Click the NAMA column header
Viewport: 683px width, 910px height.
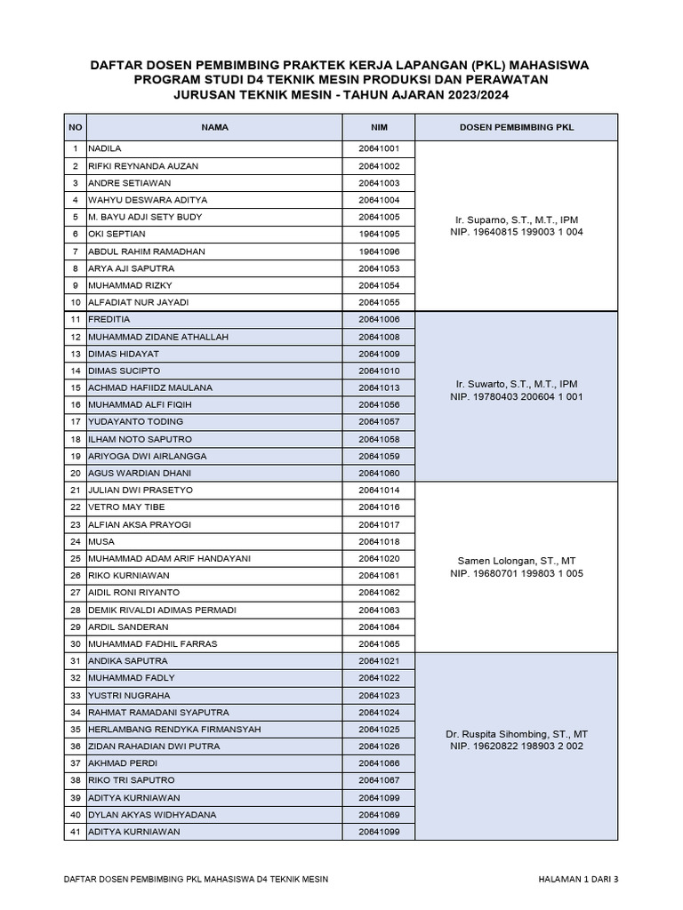click(214, 127)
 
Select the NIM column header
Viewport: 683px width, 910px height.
click(379, 127)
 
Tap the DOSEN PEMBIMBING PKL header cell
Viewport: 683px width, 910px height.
click(517, 127)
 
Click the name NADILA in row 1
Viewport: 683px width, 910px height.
click(104, 148)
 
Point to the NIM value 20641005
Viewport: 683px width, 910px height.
click(379, 217)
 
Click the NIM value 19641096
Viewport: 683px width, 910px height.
click(379, 251)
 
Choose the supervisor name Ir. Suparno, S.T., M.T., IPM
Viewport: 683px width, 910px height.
click(517, 218)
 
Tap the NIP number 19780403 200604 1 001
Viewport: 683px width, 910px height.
click(531, 397)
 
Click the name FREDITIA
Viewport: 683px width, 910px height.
click(109, 319)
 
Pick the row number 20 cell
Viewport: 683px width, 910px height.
click(76, 473)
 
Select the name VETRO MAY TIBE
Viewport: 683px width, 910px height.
click(126, 507)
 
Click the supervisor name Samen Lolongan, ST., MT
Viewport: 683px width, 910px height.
click(517, 561)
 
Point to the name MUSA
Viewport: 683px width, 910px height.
click(100, 541)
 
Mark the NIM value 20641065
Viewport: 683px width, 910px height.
click(379, 643)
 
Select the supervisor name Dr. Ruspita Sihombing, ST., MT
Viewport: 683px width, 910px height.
click(517, 734)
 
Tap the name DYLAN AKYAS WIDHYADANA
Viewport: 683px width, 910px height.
click(146, 814)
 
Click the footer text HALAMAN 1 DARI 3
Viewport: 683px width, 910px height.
click(578, 879)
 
